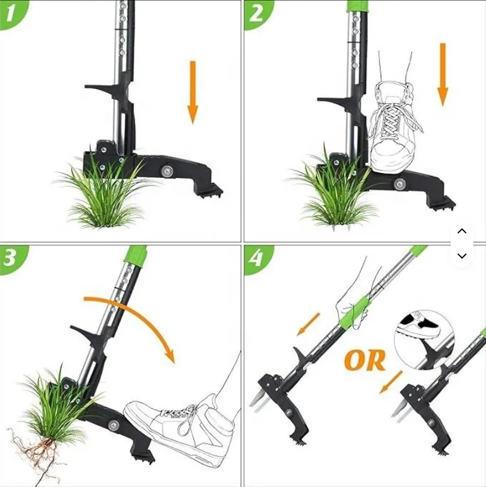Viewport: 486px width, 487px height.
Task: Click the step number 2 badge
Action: click(256, 13)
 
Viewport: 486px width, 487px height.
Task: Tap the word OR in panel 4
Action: click(365, 360)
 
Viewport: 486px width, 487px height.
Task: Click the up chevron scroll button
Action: click(462, 231)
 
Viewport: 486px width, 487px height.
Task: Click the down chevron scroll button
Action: click(462, 255)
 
